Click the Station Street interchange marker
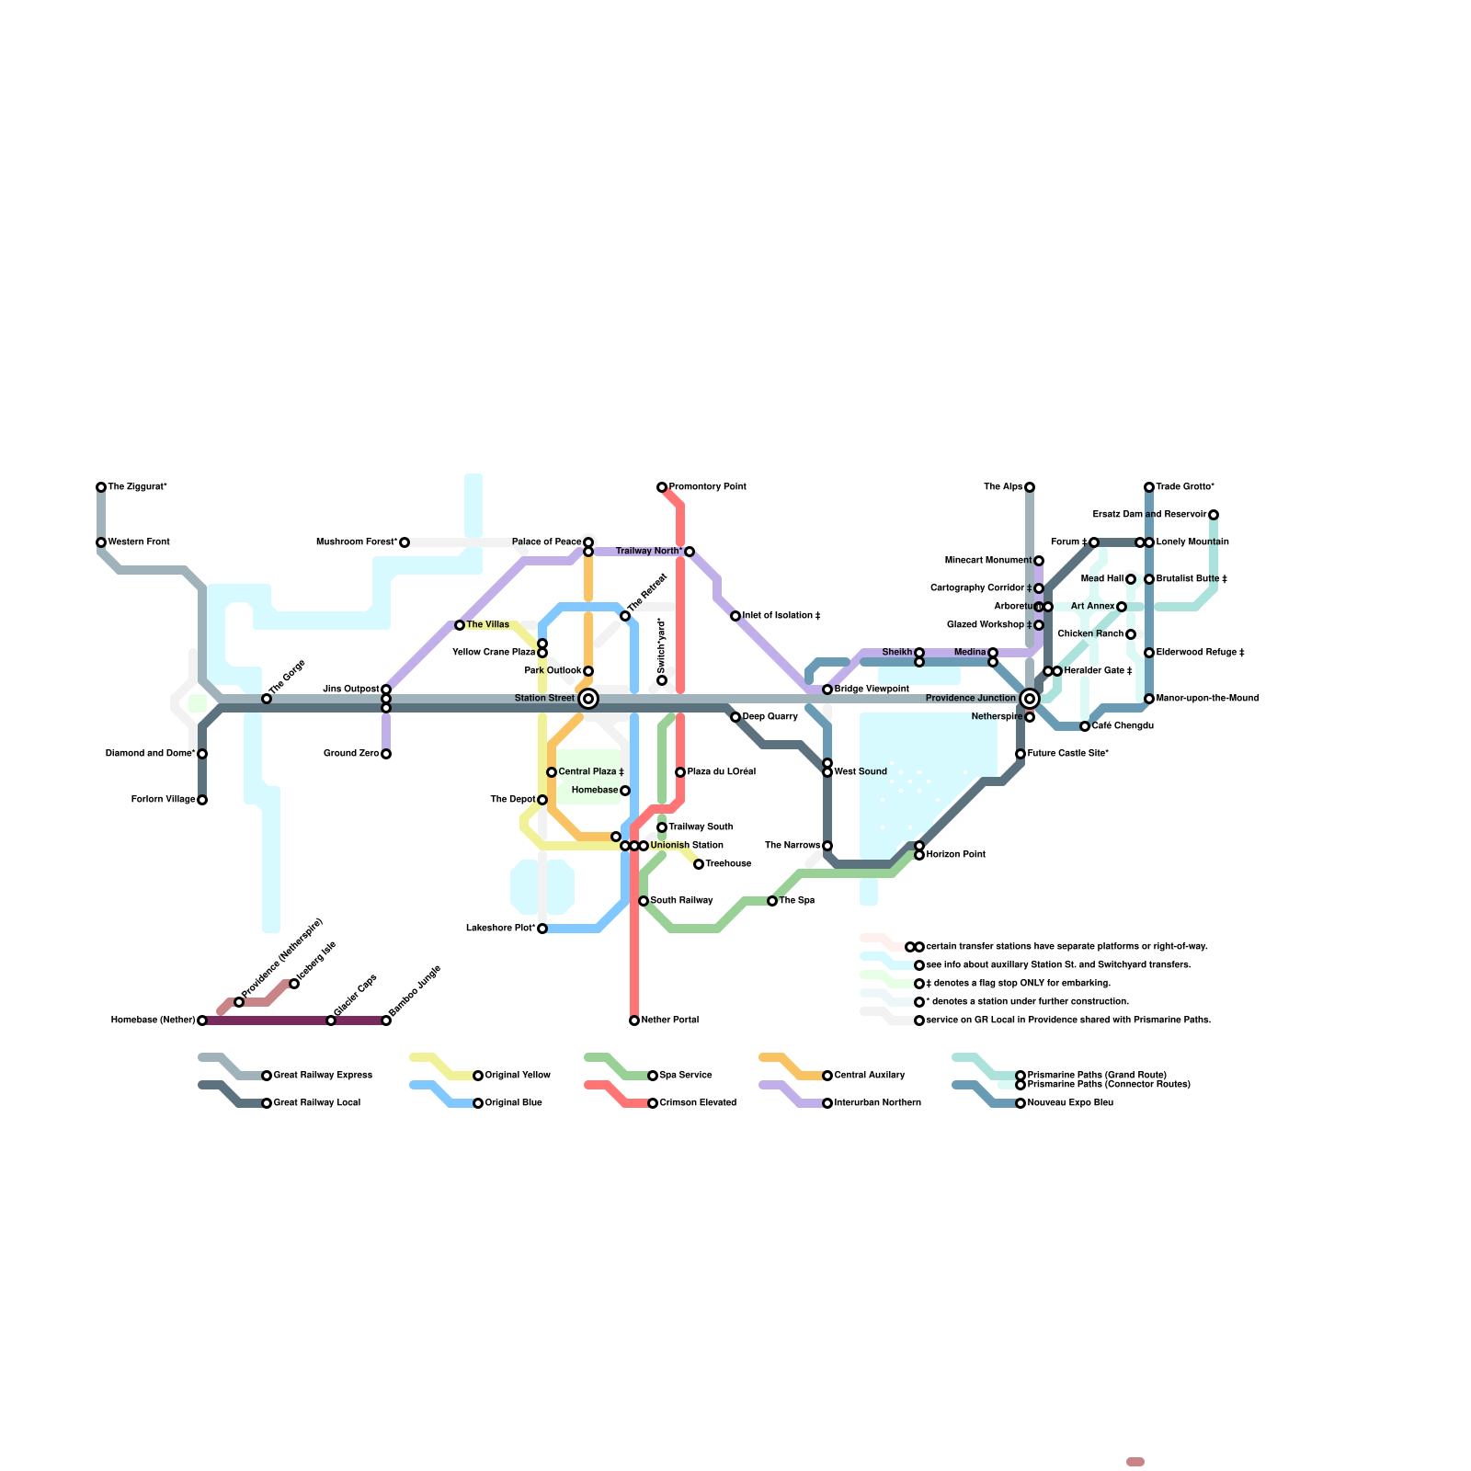(x=588, y=699)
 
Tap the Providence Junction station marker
(x=1030, y=699)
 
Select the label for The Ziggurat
(x=138, y=487)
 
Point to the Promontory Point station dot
(x=662, y=487)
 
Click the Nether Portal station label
(x=670, y=1021)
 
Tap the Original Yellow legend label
(x=518, y=1076)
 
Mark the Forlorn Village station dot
(x=202, y=800)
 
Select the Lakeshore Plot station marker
(x=542, y=929)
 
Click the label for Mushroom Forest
(x=357, y=542)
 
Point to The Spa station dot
(x=772, y=901)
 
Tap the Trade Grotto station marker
(x=1149, y=487)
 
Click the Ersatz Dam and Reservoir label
(x=1149, y=515)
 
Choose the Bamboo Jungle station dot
(x=386, y=1021)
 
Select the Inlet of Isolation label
(x=781, y=616)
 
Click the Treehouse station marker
(x=699, y=864)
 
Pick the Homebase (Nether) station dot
(x=202, y=1021)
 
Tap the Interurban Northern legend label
(x=877, y=1103)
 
